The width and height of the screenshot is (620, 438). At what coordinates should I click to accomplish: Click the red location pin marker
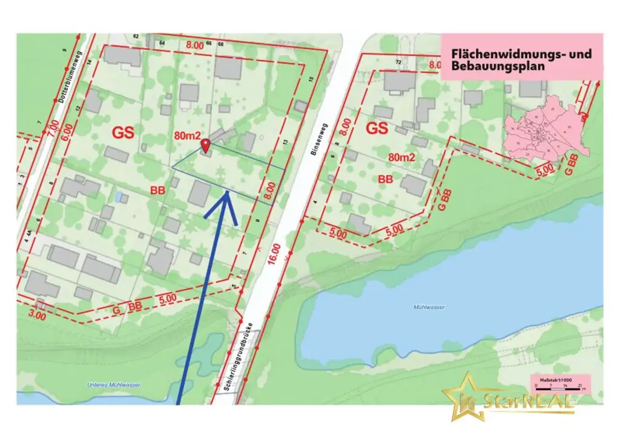205,145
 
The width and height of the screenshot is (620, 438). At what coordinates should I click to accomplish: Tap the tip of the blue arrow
227,192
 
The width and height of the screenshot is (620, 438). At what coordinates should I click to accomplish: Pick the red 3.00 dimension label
37,315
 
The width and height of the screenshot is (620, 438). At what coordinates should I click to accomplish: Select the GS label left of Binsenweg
122,131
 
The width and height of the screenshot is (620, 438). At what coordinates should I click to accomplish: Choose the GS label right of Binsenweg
377,129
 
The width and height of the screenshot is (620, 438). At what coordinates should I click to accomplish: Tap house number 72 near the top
398,62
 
